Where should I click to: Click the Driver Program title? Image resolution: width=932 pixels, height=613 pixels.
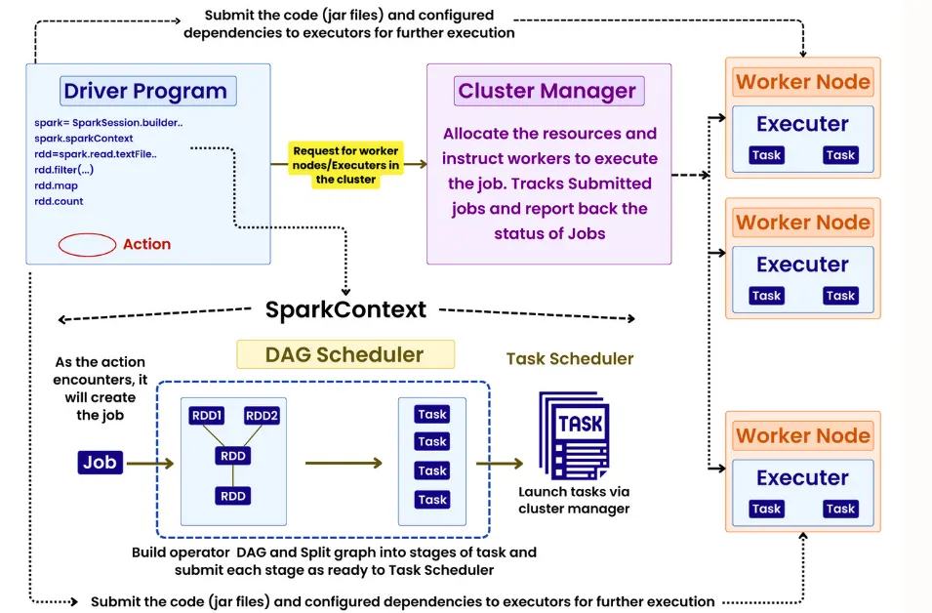(x=144, y=92)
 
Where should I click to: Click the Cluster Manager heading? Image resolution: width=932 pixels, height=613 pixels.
(x=547, y=91)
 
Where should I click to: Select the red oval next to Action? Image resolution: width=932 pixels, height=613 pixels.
(x=87, y=244)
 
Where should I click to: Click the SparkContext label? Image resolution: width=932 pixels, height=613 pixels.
(x=345, y=309)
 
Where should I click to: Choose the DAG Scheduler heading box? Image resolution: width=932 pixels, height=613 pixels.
(x=345, y=354)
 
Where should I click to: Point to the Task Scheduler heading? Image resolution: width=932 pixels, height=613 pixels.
(x=569, y=359)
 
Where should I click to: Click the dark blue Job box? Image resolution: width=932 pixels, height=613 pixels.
(x=100, y=462)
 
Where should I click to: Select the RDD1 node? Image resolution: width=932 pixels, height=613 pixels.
(x=207, y=416)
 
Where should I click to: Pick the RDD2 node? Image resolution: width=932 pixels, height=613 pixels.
(x=261, y=416)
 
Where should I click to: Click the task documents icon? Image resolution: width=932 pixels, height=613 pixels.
(x=574, y=433)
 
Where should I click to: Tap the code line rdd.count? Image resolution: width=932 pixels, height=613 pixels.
(x=59, y=201)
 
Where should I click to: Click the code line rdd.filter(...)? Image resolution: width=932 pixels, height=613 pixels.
(x=63, y=170)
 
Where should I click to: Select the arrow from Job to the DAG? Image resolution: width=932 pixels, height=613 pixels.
(x=151, y=463)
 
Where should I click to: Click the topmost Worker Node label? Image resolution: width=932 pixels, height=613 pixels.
(x=802, y=82)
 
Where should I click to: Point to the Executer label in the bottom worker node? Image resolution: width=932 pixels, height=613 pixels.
(x=802, y=477)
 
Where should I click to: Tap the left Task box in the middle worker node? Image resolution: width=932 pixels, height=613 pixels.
(x=766, y=296)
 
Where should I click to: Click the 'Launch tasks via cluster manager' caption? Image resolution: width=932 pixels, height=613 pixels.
(x=574, y=500)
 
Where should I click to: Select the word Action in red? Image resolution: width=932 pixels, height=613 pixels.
(x=146, y=244)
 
